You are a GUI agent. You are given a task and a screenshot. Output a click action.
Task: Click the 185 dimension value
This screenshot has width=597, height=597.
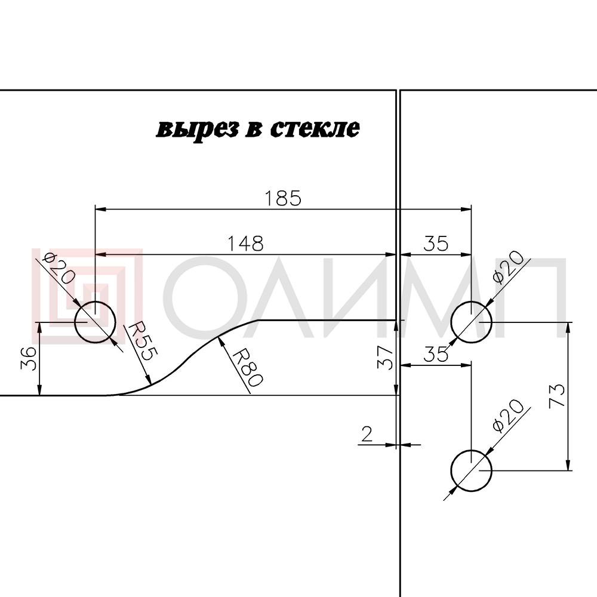point(282,198)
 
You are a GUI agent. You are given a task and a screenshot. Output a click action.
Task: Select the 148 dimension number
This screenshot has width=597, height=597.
point(245,244)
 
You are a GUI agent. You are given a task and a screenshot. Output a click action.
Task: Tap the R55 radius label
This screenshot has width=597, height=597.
point(141,341)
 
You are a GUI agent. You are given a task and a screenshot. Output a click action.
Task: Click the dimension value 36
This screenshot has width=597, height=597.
point(29,358)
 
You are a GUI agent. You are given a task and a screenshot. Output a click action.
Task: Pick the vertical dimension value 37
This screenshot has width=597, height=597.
point(385,358)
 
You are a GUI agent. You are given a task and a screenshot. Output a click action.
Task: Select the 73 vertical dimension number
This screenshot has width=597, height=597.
point(556,396)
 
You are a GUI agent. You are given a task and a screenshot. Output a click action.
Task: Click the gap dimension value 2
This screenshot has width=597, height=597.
point(367,433)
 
